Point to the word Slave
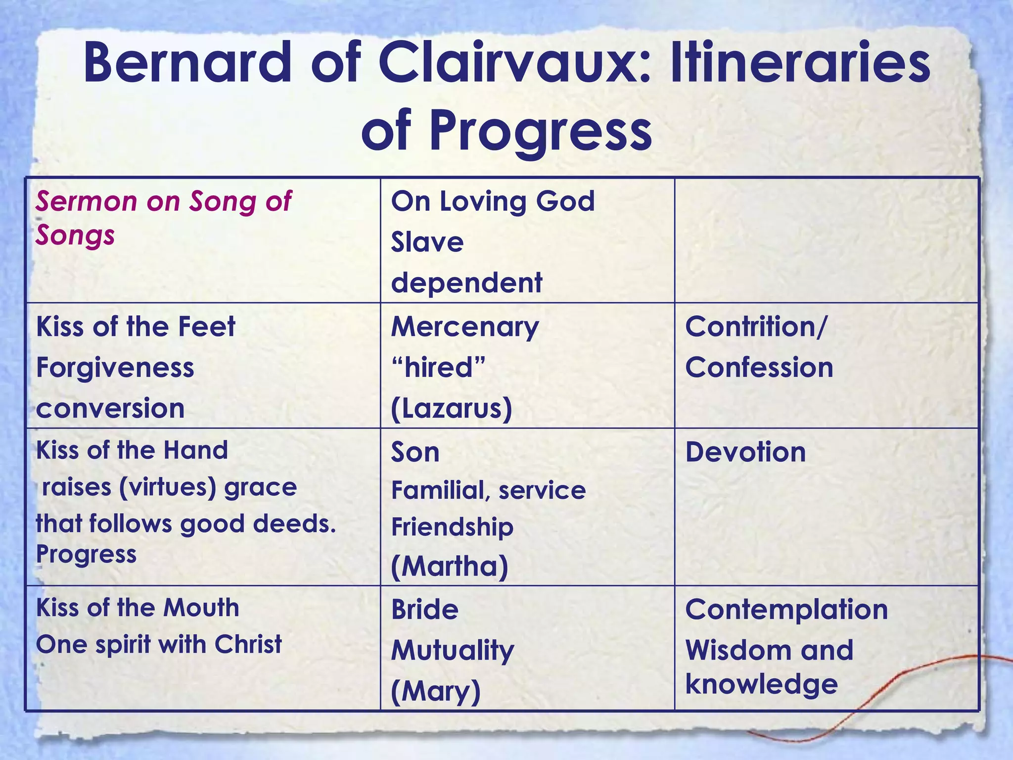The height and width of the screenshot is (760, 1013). pyautogui.click(x=427, y=242)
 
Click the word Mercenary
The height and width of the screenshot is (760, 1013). pyautogui.click(x=465, y=328)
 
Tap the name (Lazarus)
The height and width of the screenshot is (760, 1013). pyautogui.click(x=452, y=409)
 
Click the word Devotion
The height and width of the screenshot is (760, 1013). pyautogui.click(x=745, y=452)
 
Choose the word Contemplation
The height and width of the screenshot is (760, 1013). pyautogui.click(x=786, y=610)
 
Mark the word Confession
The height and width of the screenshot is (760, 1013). pyautogui.click(x=759, y=368)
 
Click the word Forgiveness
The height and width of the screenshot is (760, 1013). pyautogui.click(x=115, y=368)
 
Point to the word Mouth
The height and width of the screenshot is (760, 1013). pyautogui.click(x=201, y=608)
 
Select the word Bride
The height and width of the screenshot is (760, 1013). pyautogui.click(x=425, y=610)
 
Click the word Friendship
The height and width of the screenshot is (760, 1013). pyautogui.click(x=452, y=527)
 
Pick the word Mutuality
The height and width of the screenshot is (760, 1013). pyautogui.click(x=453, y=651)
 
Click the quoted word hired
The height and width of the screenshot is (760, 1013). pyautogui.click(x=438, y=368)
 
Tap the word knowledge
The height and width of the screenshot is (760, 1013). pyautogui.click(x=762, y=685)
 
